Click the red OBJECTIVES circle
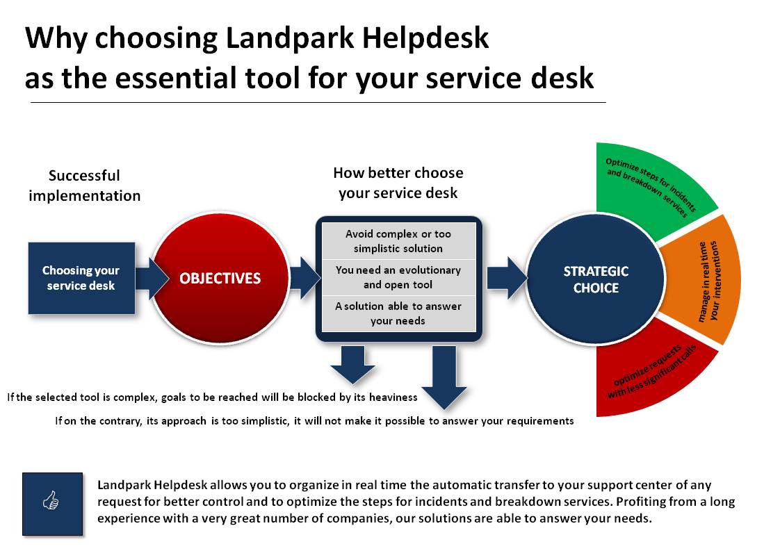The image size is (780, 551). coord(220,278)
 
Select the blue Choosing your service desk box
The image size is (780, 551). coord(81,278)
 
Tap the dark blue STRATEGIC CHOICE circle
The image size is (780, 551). coord(596,279)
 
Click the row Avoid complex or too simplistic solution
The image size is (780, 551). coord(398,241)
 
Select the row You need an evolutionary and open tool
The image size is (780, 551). coord(398,277)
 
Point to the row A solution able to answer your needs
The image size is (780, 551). coord(398,313)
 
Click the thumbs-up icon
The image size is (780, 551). coord(51,500)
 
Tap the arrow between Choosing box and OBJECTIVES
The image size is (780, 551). coord(152,278)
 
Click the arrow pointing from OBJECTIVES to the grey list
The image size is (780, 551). coord(304,278)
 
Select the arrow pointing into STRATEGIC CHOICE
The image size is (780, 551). coord(506,278)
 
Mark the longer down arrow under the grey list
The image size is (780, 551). coord(444,377)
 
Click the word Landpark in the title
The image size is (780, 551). coord(290,38)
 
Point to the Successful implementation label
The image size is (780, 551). coord(85,186)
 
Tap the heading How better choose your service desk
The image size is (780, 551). coord(398,183)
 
